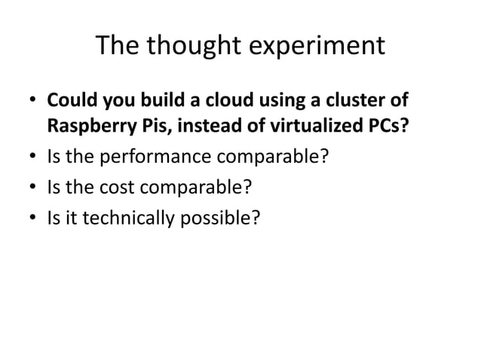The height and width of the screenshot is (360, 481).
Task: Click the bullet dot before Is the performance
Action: (33, 158)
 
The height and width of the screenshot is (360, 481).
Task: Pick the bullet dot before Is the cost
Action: (33, 188)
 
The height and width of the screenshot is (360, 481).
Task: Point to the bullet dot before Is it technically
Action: (33, 218)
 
